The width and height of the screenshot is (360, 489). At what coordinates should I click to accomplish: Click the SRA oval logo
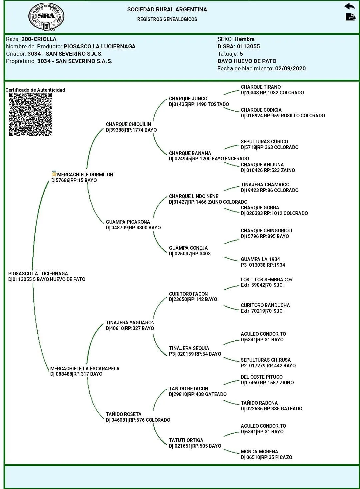click(x=46, y=17)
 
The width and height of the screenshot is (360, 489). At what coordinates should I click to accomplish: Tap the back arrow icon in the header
click(x=349, y=6)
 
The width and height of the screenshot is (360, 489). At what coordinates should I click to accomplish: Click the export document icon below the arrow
click(x=350, y=17)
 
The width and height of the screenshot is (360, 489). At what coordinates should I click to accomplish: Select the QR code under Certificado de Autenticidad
click(x=30, y=114)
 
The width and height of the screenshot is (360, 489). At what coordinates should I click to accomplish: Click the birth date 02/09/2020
click(x=290, y=68)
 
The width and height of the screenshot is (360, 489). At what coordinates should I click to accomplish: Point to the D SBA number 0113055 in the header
click(x=248, y=46)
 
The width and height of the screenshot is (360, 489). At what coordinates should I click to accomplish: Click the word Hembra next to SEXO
click(x=244, y=39)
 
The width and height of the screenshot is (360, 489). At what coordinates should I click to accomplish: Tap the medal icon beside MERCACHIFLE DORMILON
click(x=54, y=174)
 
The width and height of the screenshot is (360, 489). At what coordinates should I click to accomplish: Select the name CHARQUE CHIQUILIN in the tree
click(x=128, y=124)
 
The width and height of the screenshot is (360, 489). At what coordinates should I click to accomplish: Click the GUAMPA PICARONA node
click(x=128, y=222)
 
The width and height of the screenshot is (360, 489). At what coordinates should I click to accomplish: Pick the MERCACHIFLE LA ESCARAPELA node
click(x=85, y=369)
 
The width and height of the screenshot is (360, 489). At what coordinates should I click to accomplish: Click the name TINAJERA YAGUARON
click(x=130, y=323)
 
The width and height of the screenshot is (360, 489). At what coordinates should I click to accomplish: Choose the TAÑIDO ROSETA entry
click(x=124, y=414)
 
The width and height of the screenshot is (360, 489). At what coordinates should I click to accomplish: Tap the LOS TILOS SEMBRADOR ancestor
click(x=267, y=280)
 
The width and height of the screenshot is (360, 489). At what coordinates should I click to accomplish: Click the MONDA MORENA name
click(x=259, y=452)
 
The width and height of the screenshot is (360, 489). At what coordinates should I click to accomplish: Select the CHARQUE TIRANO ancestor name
click(x=261, y=87)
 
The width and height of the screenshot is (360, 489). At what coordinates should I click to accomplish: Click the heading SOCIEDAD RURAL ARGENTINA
click(x=167, y=9)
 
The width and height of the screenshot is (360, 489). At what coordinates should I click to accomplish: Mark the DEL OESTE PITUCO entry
click(x=262, y=377)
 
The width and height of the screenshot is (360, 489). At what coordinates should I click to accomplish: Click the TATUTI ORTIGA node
click(x=186, y=440)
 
